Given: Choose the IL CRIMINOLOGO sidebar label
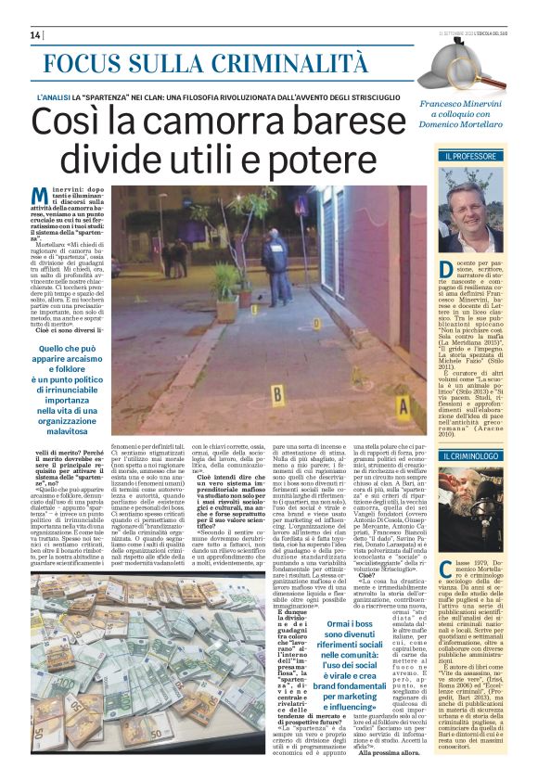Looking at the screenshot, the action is [473, 456].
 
